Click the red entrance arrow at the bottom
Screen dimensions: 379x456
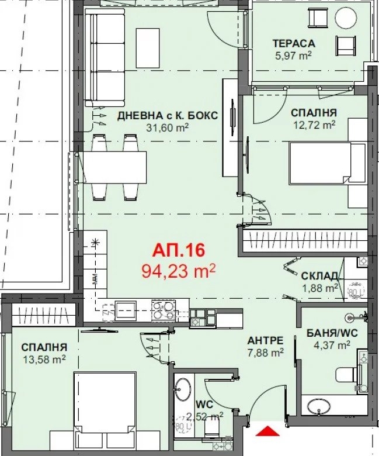(x=267, y=431)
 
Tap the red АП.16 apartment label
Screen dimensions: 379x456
(x=179, y=250)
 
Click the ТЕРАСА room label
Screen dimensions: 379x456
(x=294, y=43)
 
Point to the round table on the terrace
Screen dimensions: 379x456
(x=346, y=17)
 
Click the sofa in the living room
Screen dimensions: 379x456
(x=105, y=57)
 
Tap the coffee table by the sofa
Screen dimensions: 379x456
(x=148, y=48)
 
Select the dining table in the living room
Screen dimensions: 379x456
(x=112, y=167)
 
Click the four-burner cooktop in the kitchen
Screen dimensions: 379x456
(x=164, y=310)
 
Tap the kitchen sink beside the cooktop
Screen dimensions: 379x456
(x=126, y=310)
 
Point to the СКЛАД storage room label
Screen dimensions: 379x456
(x=319, y=276)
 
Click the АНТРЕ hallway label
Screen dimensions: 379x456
(x=265, y=340)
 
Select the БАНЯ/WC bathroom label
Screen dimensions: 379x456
(x=332, y=333)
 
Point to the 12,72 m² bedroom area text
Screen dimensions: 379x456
(x=314, y=125)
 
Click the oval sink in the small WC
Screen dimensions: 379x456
(x=183, y=390)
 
